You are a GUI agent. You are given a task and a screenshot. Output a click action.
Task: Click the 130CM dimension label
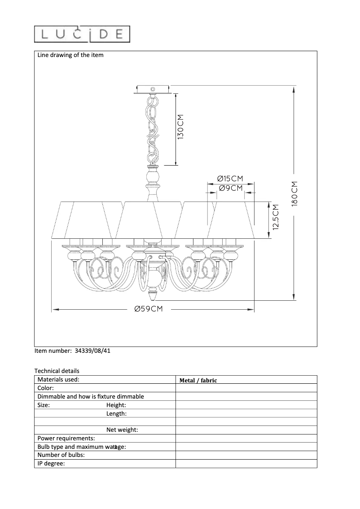coord(180,127)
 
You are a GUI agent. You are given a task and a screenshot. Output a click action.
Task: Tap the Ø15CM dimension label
coord(231,179)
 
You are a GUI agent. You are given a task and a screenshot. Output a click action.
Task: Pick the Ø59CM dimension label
coord(148,309)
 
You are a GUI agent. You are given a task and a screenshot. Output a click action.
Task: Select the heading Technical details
coord(57,371)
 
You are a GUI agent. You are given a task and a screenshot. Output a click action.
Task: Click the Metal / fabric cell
coord(198,380)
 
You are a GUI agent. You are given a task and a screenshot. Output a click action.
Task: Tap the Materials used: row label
coord(58,379)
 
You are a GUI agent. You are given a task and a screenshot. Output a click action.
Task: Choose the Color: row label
coord(46,388)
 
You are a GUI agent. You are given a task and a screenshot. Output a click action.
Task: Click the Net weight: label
coord(122,430)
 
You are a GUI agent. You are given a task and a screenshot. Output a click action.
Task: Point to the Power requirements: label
coord(66,438)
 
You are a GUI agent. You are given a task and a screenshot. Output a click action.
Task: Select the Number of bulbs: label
coord(61,455)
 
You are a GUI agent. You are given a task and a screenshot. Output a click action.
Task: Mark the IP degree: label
coord(51,463)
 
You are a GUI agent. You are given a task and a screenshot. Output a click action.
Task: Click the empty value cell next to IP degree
coord(246,464)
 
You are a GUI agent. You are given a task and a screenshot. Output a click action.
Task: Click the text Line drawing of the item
coord(70,55)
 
